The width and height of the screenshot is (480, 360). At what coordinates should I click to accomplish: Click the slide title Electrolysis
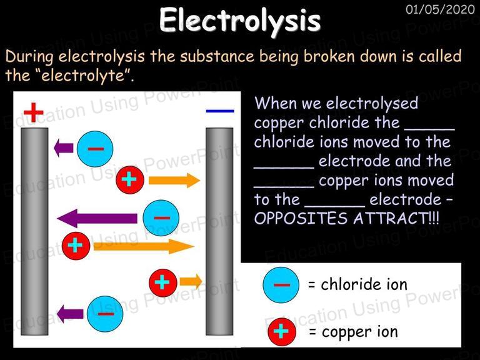coord(240,20)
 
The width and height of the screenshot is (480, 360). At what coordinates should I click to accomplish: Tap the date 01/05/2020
coord(440,9)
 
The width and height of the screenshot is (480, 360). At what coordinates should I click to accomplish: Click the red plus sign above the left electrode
coord(33,112)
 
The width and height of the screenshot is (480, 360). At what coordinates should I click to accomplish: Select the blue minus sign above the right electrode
coord(220,111)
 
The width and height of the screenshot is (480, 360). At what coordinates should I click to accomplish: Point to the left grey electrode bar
coord(34,231)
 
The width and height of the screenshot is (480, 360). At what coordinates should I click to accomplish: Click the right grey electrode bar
coord(219,231)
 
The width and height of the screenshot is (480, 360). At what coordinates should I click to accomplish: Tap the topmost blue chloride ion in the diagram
coord(95,149)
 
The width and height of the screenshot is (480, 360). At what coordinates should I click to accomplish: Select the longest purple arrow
coord(97,219)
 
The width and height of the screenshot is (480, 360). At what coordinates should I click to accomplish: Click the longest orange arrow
coord(144,246)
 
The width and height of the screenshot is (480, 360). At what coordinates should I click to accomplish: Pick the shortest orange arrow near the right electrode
coord(191,281)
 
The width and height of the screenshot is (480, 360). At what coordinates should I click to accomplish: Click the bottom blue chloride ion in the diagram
coord(105,314)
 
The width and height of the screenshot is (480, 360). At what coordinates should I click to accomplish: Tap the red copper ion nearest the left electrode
coord(76,246)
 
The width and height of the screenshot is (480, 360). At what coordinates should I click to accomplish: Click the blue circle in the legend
coord(281,285)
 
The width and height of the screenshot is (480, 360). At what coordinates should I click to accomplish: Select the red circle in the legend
coord(282,332)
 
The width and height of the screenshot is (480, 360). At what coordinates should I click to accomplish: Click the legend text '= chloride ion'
coord(357,284)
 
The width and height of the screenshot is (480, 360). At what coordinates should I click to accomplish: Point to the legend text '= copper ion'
coord(353,332)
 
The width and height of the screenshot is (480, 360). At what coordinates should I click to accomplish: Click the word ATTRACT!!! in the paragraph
coord(396,219)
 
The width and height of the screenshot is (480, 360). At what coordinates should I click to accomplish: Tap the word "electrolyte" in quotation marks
coord(83,75)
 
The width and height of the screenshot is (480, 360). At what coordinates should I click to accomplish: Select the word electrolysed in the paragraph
coord(372,103)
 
